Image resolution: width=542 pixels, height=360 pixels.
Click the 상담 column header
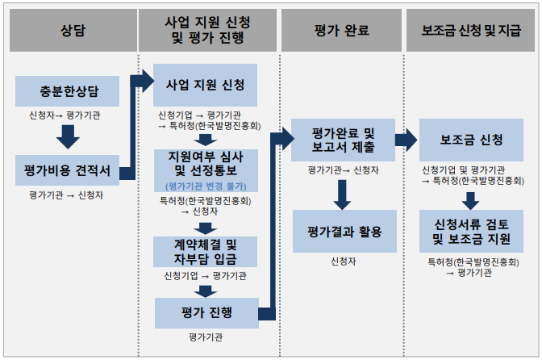pyautogui.click(x=72, y=31)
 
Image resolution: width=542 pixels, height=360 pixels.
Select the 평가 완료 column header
pyautogui.click(x=341, y=31)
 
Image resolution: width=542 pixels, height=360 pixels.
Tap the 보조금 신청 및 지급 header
pyautogui.click(x=471, y=31)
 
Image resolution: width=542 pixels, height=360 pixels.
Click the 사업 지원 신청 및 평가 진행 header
pyautogui.click(x=205, y=31)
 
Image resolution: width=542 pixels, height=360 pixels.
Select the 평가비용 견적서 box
pyautogui.click(x=67, y=171)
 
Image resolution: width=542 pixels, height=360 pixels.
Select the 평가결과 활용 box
pyautogui.click(x=344, y=232)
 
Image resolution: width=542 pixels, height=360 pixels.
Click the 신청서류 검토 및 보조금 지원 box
pyautogui.click(x=472, y=232)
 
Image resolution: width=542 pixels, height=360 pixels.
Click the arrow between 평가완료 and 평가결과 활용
pyautogui.click(x=344, y=192)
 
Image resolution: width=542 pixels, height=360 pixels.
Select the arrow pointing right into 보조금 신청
pyautogui.click(x=406, y=140)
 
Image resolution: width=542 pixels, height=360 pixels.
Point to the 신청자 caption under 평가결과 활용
pyautogui.click(x=343, y=262)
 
